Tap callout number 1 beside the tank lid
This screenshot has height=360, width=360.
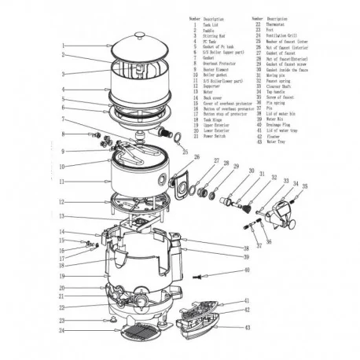coord(62,45)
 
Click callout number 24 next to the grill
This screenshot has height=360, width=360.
coord(62,331)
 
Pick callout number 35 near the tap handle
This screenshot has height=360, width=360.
coord(305,187)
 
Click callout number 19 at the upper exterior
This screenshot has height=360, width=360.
coord(62,277)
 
